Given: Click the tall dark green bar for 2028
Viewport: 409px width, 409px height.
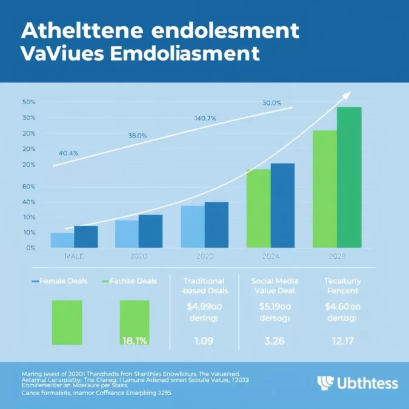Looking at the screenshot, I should pyautogui.click(x=349, y=177).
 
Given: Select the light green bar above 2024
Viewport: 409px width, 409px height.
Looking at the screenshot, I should pyautogui.click(x=258, y=208).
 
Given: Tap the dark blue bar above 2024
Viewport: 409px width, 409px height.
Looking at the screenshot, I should pyautogui.click(x=282, y=205).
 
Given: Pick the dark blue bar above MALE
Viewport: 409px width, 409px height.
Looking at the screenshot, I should pyautogui.click(x=85, y=236).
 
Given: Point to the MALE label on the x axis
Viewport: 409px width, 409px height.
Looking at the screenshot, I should pyautogui.click(x=74, y=257).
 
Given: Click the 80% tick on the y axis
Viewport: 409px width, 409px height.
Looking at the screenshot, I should pyautogui.click(x=29, y=187).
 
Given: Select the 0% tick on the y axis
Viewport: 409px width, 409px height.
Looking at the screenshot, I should pyautogui.click(x=30, y=248).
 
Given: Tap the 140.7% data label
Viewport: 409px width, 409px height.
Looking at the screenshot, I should pyautogui.click(x=205, y=118).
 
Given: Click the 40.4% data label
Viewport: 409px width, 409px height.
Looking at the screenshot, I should pyautogui.click(x=68, y=153).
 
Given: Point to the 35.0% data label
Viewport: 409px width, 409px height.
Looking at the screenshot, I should pyautogui.click(x=138, y=136).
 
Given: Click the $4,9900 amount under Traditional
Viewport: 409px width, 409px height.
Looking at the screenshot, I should pyautogui.click(x=204, y=307).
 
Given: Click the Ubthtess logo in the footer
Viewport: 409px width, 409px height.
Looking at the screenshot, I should pyautogui.click(x=357, y=382).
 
